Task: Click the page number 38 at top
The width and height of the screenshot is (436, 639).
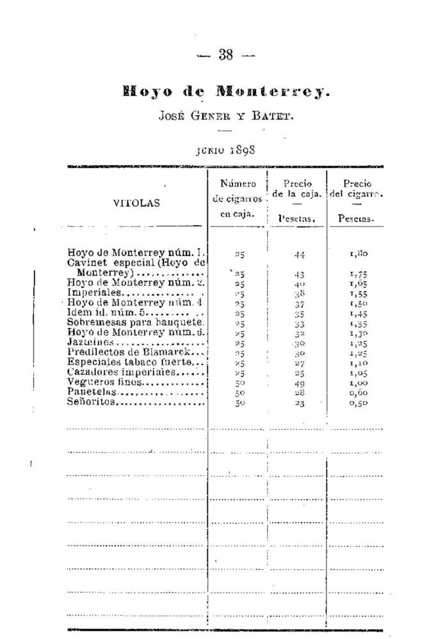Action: (225, 55)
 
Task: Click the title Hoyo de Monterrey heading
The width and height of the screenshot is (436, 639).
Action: (226, 91)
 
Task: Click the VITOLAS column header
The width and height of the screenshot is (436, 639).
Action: (137, 203)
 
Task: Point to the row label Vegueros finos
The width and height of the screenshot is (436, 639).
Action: (97, 382)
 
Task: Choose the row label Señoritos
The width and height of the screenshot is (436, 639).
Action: (90, 402)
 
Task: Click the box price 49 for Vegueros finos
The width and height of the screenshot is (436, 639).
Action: (299, 383)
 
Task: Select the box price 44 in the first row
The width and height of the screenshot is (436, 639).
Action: (299, 254)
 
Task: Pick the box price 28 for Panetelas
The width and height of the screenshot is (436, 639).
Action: (299, 392)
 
